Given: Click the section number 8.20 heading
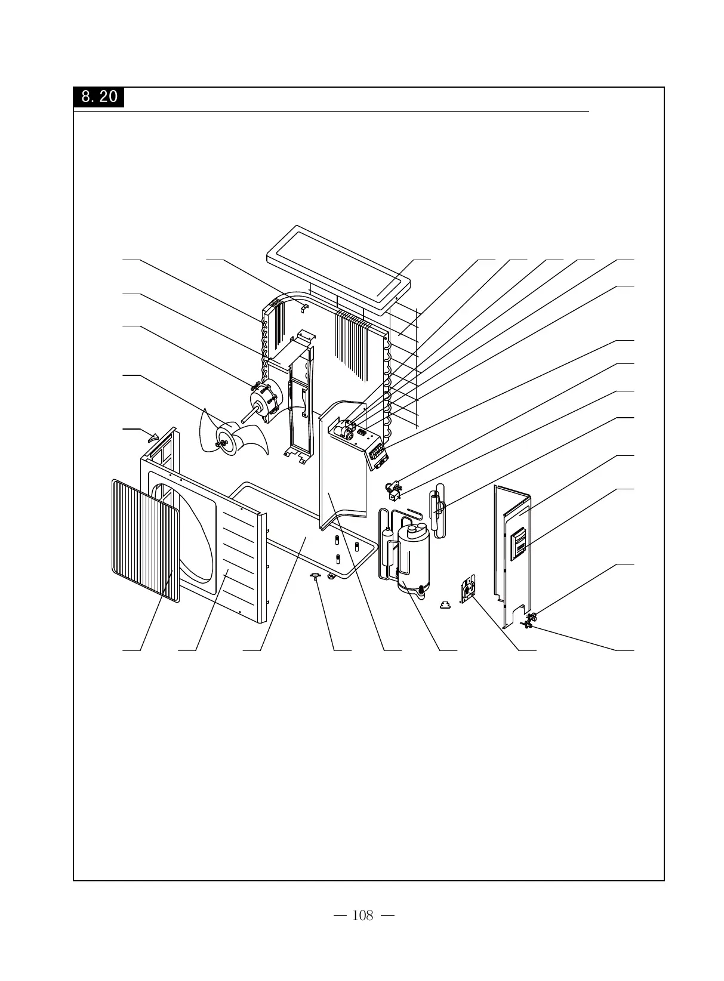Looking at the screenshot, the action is coord(99,97).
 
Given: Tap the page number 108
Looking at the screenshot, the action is coord(362,915).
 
